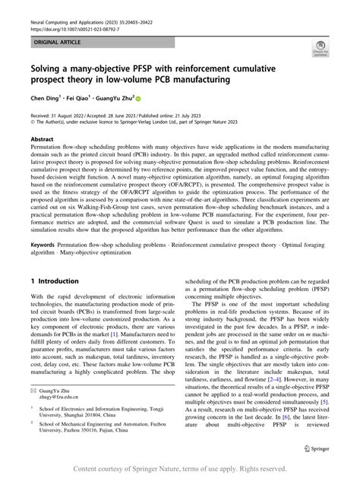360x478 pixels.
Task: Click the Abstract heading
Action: (42, 140)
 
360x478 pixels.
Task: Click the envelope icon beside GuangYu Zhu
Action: (34, 389)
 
